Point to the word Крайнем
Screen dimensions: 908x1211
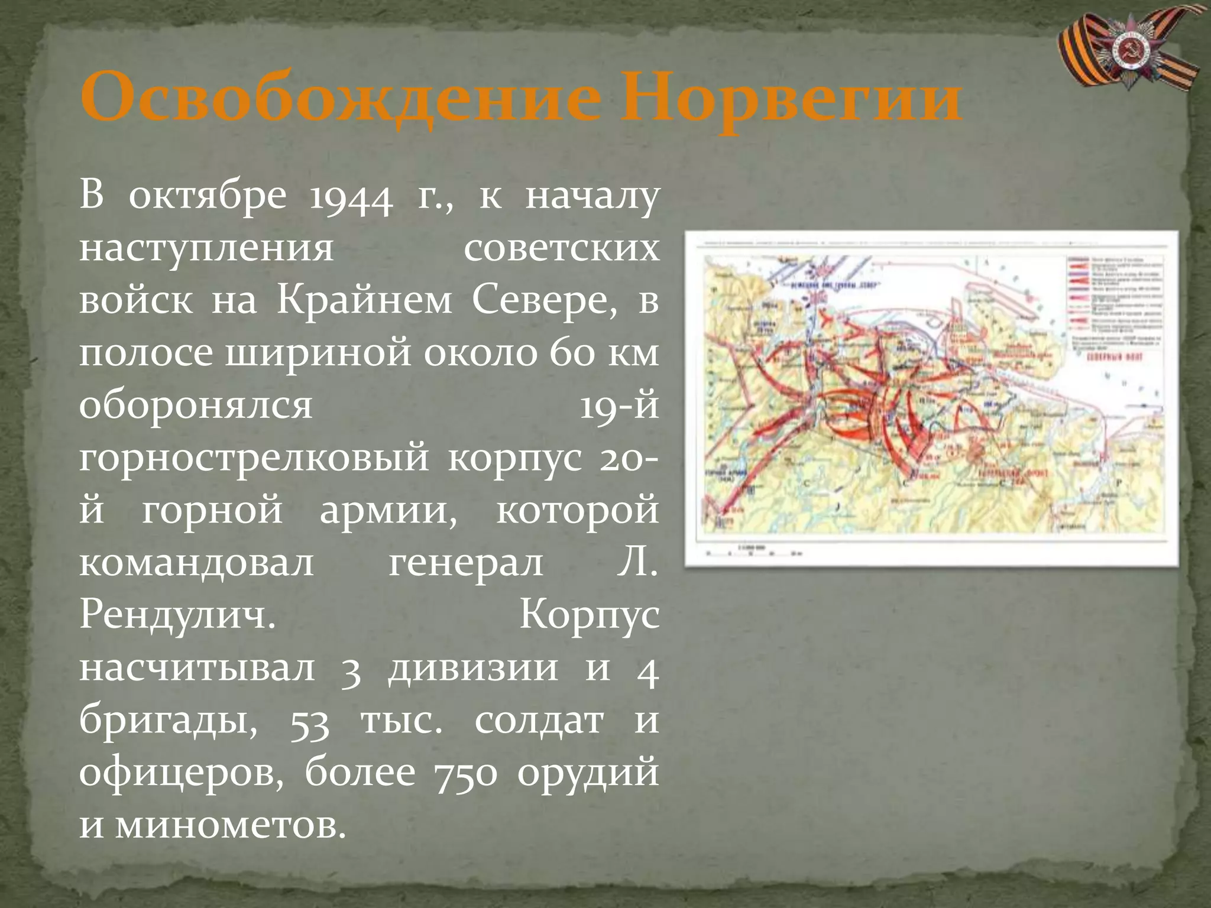(x=364, y=301)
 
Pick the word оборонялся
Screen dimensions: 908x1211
(x=196, y=406)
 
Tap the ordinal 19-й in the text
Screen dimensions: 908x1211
(x=619, y=406)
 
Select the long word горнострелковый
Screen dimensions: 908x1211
(x=254, y=458)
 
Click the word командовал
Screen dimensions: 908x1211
(x=196, y=562)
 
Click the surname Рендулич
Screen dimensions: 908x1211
(x=177, y=615)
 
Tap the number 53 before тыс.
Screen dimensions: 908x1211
(x=309, y=720)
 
